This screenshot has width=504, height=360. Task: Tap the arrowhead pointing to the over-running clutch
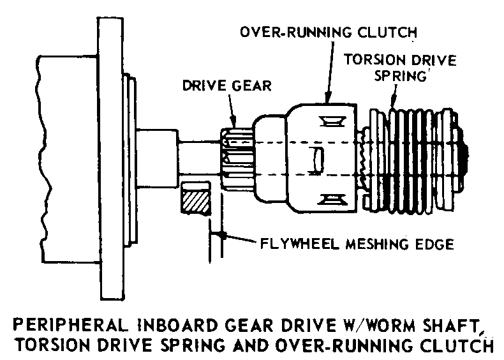327,98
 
